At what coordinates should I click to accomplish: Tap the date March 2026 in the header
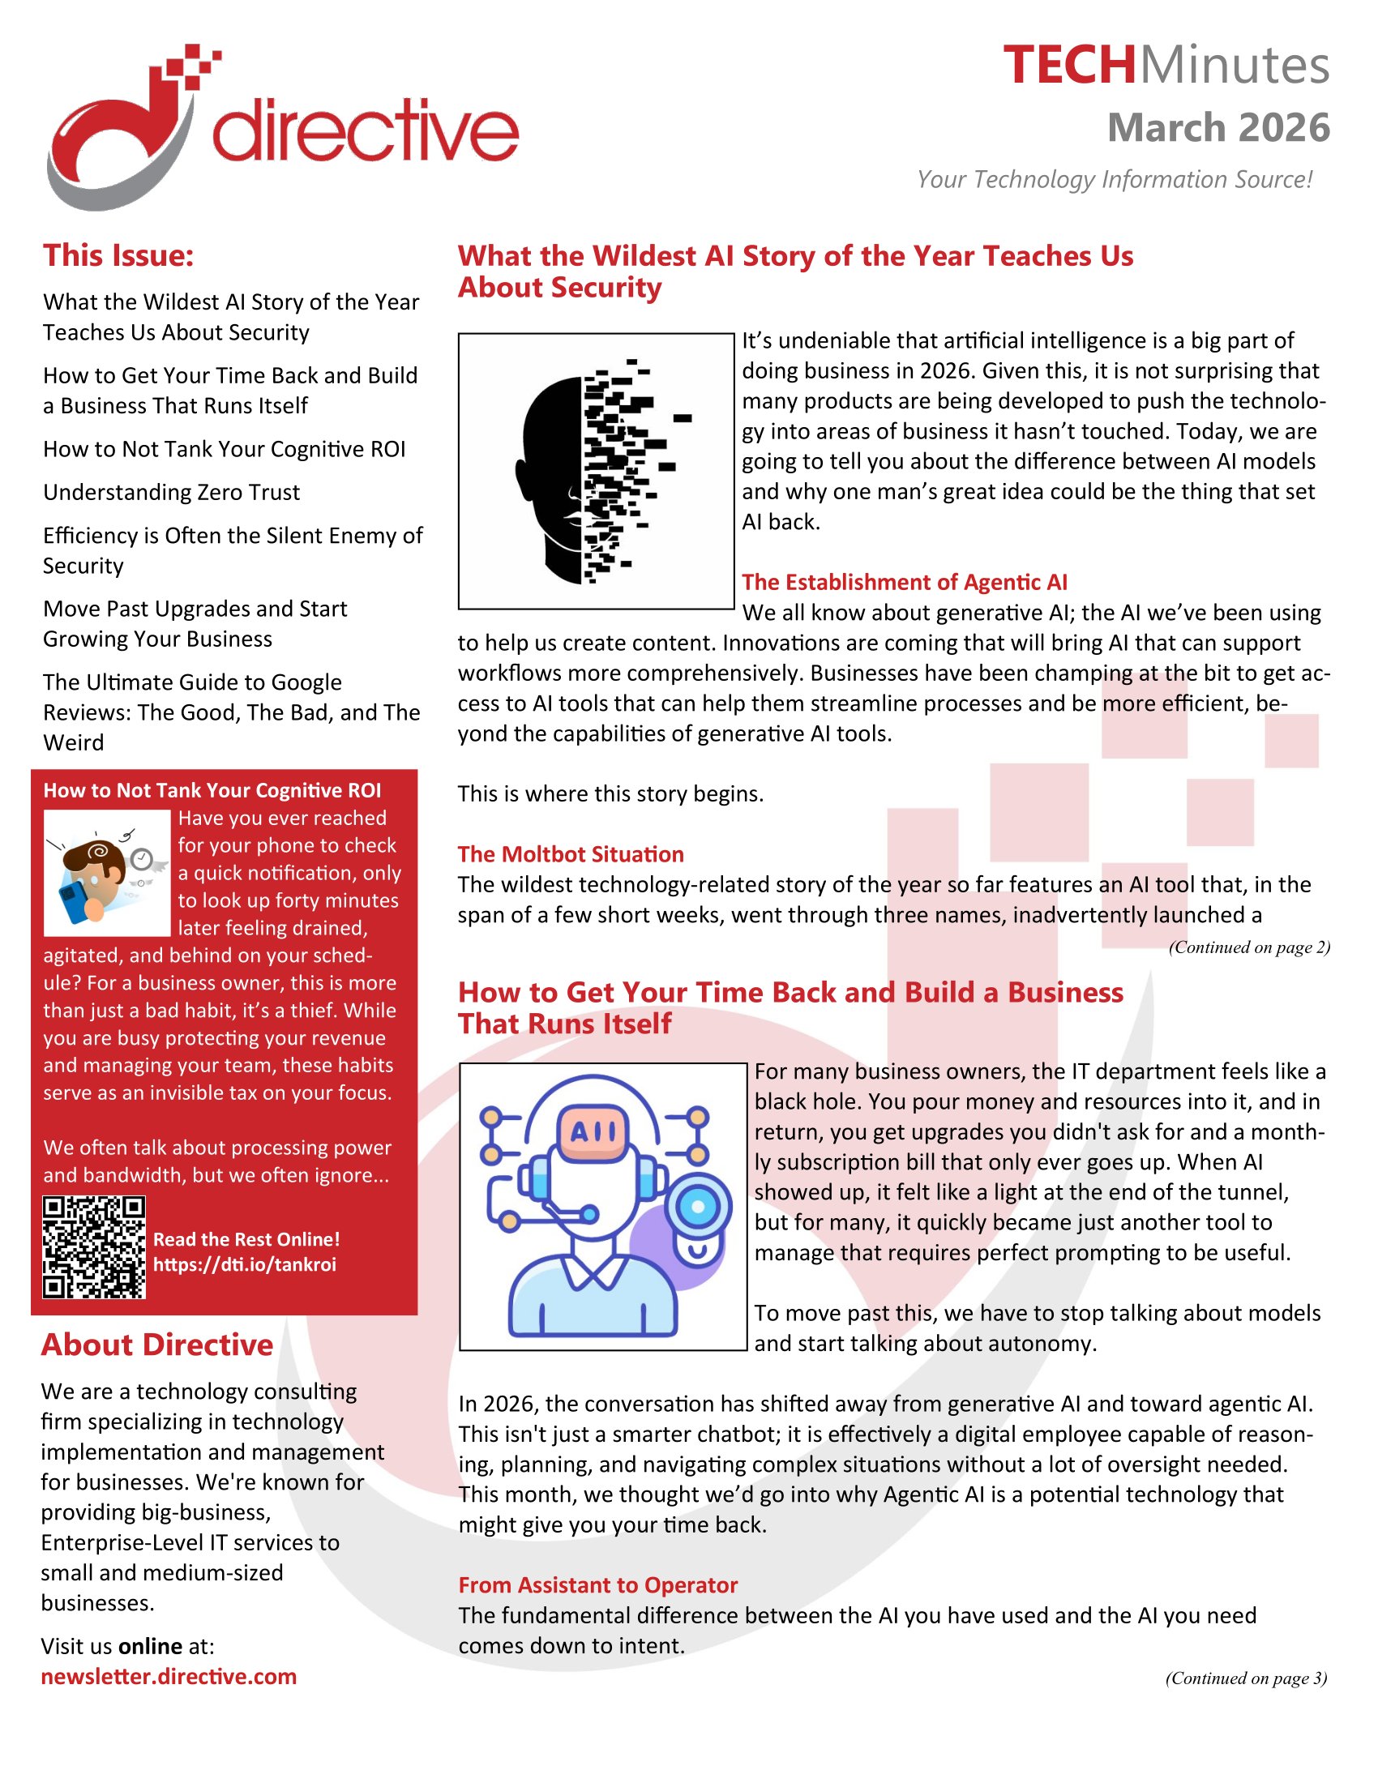(1218, 128)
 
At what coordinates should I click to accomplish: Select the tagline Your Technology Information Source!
(1114, 179)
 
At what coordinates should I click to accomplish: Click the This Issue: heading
(118, 255)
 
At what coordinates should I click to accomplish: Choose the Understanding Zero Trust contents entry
(171, 492)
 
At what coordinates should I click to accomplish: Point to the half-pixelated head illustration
(596, 471)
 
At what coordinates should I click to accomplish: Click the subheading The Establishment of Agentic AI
(904, 582)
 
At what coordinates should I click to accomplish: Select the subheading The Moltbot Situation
(571, 854)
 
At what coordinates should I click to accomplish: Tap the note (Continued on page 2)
(1248, 947)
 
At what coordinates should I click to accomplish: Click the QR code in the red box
(94, 1247)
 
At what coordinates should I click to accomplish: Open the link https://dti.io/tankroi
(245, 1264)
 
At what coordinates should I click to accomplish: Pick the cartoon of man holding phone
(106, 873)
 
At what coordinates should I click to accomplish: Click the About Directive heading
(156, 1345)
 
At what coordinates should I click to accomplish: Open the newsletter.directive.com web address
(169, 1676)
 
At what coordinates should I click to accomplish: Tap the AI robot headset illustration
(603, 1207)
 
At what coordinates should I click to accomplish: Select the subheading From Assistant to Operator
(597, 1584)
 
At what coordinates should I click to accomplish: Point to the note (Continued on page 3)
(1246, 1678)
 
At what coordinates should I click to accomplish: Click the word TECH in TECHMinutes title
(1068, 66)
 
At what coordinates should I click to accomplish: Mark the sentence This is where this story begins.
(610, 793)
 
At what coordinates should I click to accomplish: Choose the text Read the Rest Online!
(246, 1239)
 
